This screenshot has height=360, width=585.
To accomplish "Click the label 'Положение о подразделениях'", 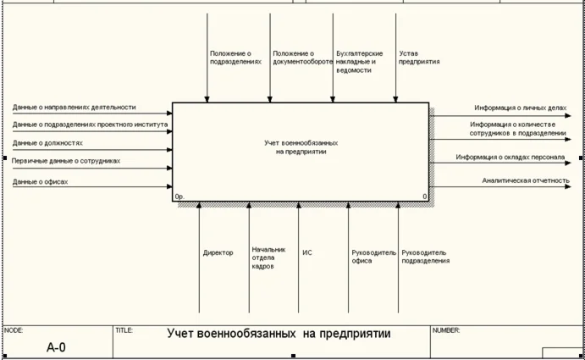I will click(235, 58).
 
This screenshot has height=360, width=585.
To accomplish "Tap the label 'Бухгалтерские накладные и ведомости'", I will click(359, 62).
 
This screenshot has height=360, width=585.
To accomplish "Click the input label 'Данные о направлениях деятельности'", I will click(75, 108).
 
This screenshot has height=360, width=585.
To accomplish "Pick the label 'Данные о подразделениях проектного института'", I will click(90, 125).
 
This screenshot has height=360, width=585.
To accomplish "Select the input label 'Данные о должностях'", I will click(47, 143).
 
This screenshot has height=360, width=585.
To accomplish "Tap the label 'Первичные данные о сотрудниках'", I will click(66, 160).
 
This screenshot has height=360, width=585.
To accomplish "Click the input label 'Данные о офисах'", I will click(40, 181).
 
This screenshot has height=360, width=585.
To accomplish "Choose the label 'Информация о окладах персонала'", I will click(510, 157).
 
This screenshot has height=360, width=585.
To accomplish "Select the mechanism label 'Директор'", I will click(218, 252).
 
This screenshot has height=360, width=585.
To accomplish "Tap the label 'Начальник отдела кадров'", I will click(268, 258).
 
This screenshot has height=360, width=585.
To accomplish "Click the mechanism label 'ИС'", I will click(307, 252).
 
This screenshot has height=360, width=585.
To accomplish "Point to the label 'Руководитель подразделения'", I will click(426, 257).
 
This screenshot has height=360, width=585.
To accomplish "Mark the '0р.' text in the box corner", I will click(180, 197).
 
